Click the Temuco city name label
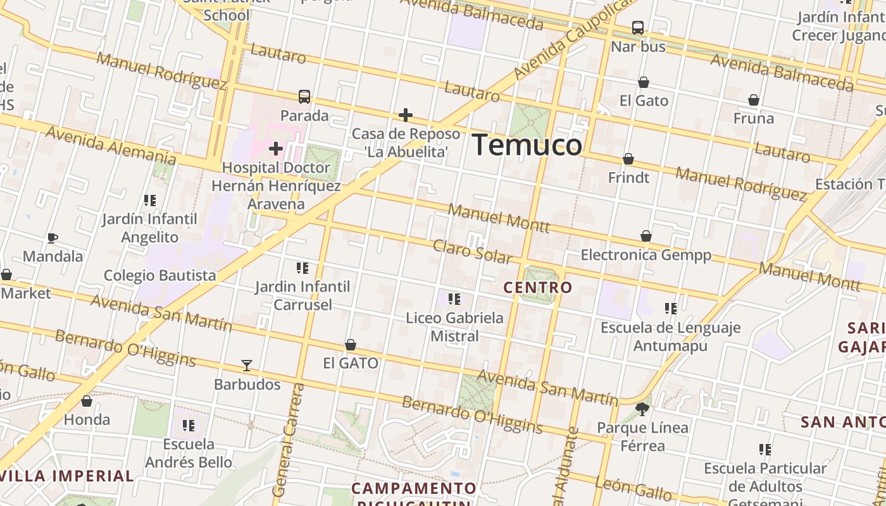[527, 145]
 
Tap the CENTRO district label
[538, 288]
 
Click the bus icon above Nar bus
[638, 28]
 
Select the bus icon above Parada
[304, 97]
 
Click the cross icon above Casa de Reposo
[406, 115]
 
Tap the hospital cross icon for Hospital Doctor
[276, 149]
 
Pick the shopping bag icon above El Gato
[644, 82]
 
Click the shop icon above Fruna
[754, 100]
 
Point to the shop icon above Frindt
[628, 159]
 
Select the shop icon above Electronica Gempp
[646, 236]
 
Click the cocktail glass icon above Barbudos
[247, 366]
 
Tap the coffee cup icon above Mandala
[53, 238]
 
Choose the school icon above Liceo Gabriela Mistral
[454, 299]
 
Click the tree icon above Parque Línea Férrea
[642, 409]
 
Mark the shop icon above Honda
[87, 401]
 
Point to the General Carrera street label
[289, 440]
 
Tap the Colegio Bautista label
[159, 276]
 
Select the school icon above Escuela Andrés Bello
[188, 425]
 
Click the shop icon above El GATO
[351, 345]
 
